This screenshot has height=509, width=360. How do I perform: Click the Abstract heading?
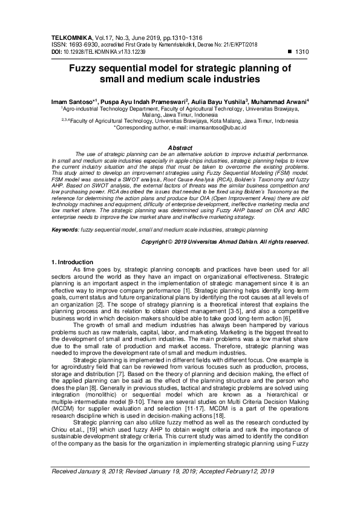click(179, 148)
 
